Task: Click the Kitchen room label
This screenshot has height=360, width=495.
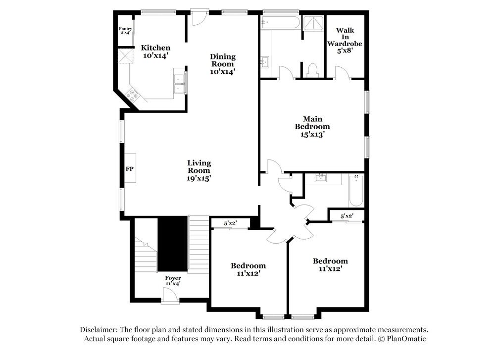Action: click(155, 51)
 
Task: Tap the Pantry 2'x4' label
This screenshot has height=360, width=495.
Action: click(125, 31)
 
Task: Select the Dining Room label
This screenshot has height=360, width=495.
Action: click(223, 63)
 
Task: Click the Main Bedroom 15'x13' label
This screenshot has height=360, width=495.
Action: click(312, 126)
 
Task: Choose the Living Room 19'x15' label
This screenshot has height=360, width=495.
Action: click(199, 170)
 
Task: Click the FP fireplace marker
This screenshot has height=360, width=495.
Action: click(130, 169)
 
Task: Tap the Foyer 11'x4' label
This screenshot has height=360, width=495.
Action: click(173, 281)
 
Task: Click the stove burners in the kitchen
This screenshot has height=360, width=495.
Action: click(132, 95)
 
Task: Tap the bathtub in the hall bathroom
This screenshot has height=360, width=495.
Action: click(356, 191)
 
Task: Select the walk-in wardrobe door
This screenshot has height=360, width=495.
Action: click(342, 73)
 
